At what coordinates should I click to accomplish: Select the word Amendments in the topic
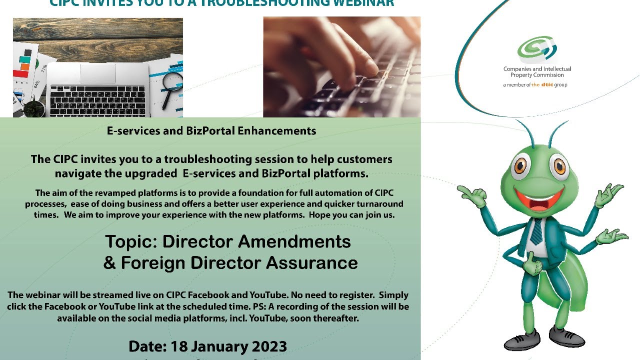295,241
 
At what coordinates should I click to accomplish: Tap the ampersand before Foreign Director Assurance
109,262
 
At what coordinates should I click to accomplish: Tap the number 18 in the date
178,346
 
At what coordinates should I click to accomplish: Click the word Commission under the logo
548,75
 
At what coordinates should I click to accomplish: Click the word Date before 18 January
146,346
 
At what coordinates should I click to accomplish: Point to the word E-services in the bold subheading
131,131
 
